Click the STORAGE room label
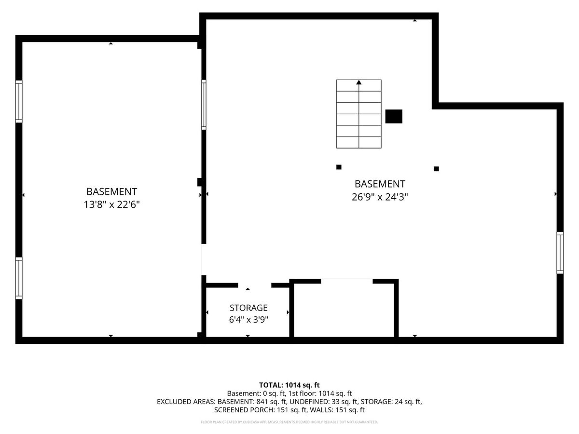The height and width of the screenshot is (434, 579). coord(248,308)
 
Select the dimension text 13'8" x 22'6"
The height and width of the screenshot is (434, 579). coord(111,204)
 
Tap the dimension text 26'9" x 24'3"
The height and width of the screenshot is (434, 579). coord(380,197)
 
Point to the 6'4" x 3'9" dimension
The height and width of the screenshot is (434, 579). coord(248,320)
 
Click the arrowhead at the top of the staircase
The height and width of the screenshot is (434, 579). coord(359,82)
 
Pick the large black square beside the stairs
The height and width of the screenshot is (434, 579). coord(394,117)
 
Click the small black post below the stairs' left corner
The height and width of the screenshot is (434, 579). coord(339,167)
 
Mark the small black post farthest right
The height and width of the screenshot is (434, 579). coord(436,169)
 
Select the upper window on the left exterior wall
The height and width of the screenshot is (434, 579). coord(19,101)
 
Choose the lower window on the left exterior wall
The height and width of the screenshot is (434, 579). coord(19,278)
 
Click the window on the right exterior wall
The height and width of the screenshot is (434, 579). coord(560,253)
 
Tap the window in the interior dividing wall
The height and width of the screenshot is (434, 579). coord(204,105)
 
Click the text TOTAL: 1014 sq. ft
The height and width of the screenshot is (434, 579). coord(289,385)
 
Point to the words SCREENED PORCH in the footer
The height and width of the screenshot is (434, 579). coord(245,410)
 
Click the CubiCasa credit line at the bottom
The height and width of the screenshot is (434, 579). coord(289,422)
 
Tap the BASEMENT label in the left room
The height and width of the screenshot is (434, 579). coord(111,191)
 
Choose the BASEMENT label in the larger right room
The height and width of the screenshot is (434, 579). coord(380,184)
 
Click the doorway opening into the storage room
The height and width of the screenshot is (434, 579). coord(255,285)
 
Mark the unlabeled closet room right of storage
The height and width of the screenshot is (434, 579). coord(344,310)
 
